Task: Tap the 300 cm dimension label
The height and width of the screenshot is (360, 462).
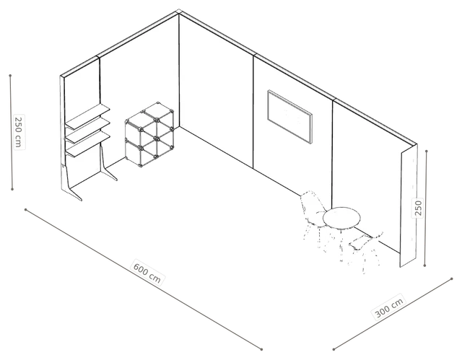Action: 389,308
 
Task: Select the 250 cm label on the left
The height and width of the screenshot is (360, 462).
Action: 18,132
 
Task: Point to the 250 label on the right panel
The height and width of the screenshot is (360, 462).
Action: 419,208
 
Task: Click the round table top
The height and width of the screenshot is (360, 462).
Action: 341,218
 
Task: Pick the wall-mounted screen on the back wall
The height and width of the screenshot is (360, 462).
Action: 290,117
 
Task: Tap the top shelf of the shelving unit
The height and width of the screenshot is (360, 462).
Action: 87,116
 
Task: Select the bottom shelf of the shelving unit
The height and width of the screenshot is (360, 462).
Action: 88,144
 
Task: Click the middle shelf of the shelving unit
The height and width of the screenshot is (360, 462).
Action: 87,131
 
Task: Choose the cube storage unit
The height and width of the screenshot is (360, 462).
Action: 149,134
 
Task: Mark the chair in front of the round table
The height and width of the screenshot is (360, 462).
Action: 365,251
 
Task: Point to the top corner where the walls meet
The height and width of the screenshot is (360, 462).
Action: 178,12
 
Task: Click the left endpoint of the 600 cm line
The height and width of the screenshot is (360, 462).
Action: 26,210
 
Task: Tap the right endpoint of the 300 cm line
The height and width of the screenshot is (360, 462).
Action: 452,278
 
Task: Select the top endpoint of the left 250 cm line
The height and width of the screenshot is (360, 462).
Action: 10,75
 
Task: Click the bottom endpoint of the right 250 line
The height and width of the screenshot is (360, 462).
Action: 424,265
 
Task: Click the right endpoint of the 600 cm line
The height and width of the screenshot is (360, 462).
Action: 261,349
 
